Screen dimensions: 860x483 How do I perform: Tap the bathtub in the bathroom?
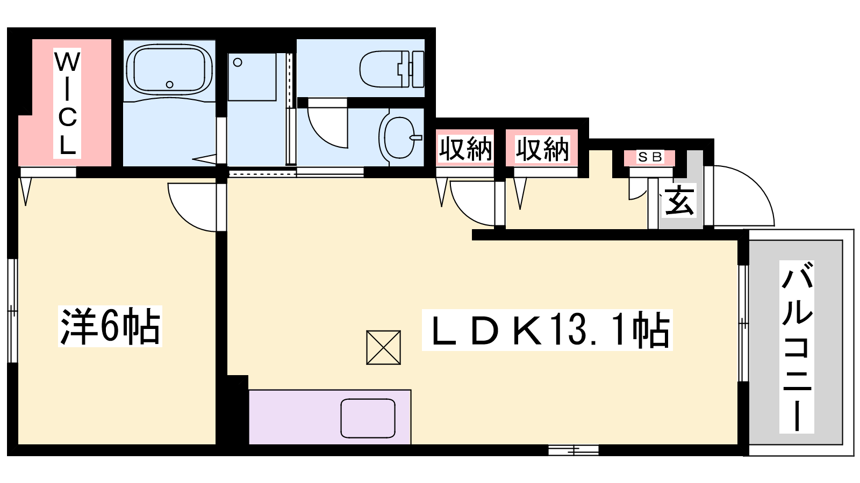coord(169,70)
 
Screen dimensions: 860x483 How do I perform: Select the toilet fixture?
coord(392,69)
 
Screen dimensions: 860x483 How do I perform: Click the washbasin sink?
coord(400,137)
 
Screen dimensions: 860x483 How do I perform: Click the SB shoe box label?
coord(650,157)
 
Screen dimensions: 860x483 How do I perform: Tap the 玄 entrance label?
coord(679,201)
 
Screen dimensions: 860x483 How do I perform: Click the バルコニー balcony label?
coord(797,347)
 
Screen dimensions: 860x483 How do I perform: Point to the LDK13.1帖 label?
coord(547,330)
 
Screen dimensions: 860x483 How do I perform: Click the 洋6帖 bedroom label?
coord(110,326)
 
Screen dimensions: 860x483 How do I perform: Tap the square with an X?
coord(384,347)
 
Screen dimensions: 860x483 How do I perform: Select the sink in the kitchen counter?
coord(368,418)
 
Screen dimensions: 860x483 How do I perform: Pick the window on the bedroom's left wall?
coord(13,311)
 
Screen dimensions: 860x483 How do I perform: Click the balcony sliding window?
coord(743,323)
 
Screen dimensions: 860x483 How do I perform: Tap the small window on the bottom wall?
coord(573,450)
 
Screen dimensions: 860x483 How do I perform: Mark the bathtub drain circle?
coord(169,84)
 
